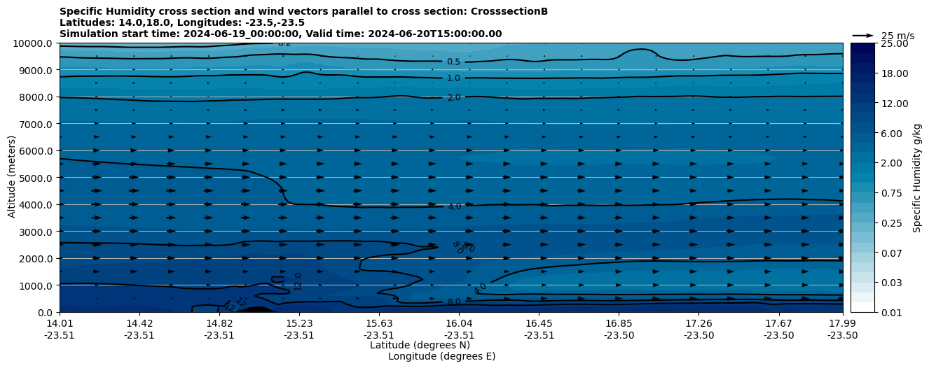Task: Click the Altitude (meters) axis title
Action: [x=12, y=178]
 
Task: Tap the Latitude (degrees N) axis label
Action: [x=420, y=345]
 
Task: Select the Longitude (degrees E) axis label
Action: [x=441, y=356]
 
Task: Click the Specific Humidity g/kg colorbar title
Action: [x=917, y=178]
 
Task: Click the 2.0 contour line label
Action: [x=454, y=97]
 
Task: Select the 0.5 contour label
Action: [x=454, y=62]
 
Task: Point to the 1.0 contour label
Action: [x=454, y=78]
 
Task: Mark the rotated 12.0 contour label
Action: [x=298, y=281]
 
